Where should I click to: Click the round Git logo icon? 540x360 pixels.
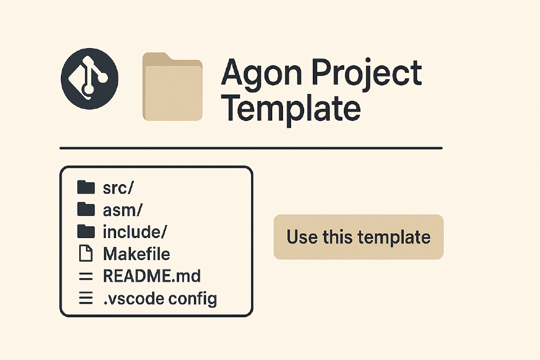tap(90, 79)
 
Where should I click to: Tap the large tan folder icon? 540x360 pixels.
tap(172, 86)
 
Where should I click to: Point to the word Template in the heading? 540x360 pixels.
tap(291, 110)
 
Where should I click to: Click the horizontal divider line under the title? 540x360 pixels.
tap(251, 148)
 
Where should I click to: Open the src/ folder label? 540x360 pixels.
tap(118, 188)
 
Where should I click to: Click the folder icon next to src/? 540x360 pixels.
tap(86, 187)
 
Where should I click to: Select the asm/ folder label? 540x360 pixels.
tap(122, 210)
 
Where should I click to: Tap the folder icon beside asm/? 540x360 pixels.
tap(86, 209)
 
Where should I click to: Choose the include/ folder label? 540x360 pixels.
tap(135, 232)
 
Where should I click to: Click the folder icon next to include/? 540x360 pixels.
tap(86, 231)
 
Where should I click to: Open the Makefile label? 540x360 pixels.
tap(136, 254)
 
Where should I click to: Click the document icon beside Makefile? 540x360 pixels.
tap(86, 253)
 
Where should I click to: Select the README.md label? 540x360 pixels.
tap(152, 276)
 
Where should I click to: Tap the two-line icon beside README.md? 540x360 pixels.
tap(86, 277)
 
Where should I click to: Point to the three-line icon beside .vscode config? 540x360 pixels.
tap(86, 298)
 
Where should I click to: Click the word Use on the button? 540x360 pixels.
tap(302, 237)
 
